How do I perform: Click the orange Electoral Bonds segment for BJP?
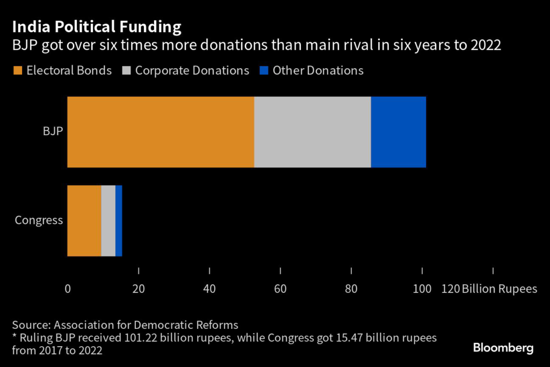point(160,132)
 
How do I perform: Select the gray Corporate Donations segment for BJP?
point(312,132)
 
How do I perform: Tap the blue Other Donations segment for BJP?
point(398,132)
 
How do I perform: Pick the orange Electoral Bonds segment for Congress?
point(84,221)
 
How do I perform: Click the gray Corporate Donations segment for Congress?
point(108,221)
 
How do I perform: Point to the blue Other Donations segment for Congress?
point(119,221)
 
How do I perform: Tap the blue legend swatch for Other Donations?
point(264,71)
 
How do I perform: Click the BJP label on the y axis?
point(53,132)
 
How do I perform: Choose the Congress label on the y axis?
point(39,221)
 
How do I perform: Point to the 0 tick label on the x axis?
point(68,289)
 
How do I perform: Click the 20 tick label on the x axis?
point(139,289)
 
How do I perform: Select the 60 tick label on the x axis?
point(280,289)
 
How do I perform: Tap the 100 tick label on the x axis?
point(422,289)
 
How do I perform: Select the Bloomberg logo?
point(503,348)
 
